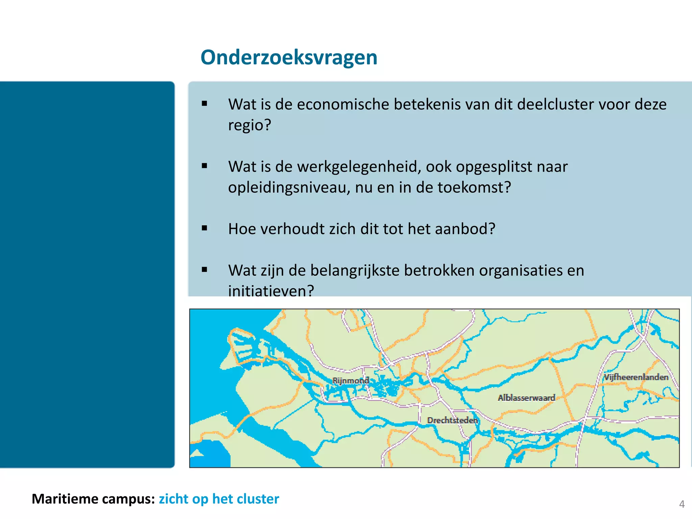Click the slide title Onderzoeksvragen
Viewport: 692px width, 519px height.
click(x=289, y=57)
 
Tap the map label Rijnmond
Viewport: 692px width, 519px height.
click(x=350, y=381)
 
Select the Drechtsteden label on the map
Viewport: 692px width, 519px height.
click(x=452, y=420)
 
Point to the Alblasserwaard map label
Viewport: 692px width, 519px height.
click(x=526, y=398)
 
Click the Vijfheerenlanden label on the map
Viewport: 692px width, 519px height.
click(x=636, y=377)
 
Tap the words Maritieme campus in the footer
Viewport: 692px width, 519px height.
click(x=93, y=499)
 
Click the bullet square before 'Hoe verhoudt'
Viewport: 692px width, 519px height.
click(x=204, y=228)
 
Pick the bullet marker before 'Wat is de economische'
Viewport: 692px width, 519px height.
click(x=204, y=104)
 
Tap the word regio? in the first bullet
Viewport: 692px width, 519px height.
click(x=250, y=125)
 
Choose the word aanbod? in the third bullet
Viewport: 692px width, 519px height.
click(x=465, y=229)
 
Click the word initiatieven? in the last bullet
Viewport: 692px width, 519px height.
click(x=271, y=291)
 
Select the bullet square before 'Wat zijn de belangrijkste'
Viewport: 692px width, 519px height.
click(x=204, y=270)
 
